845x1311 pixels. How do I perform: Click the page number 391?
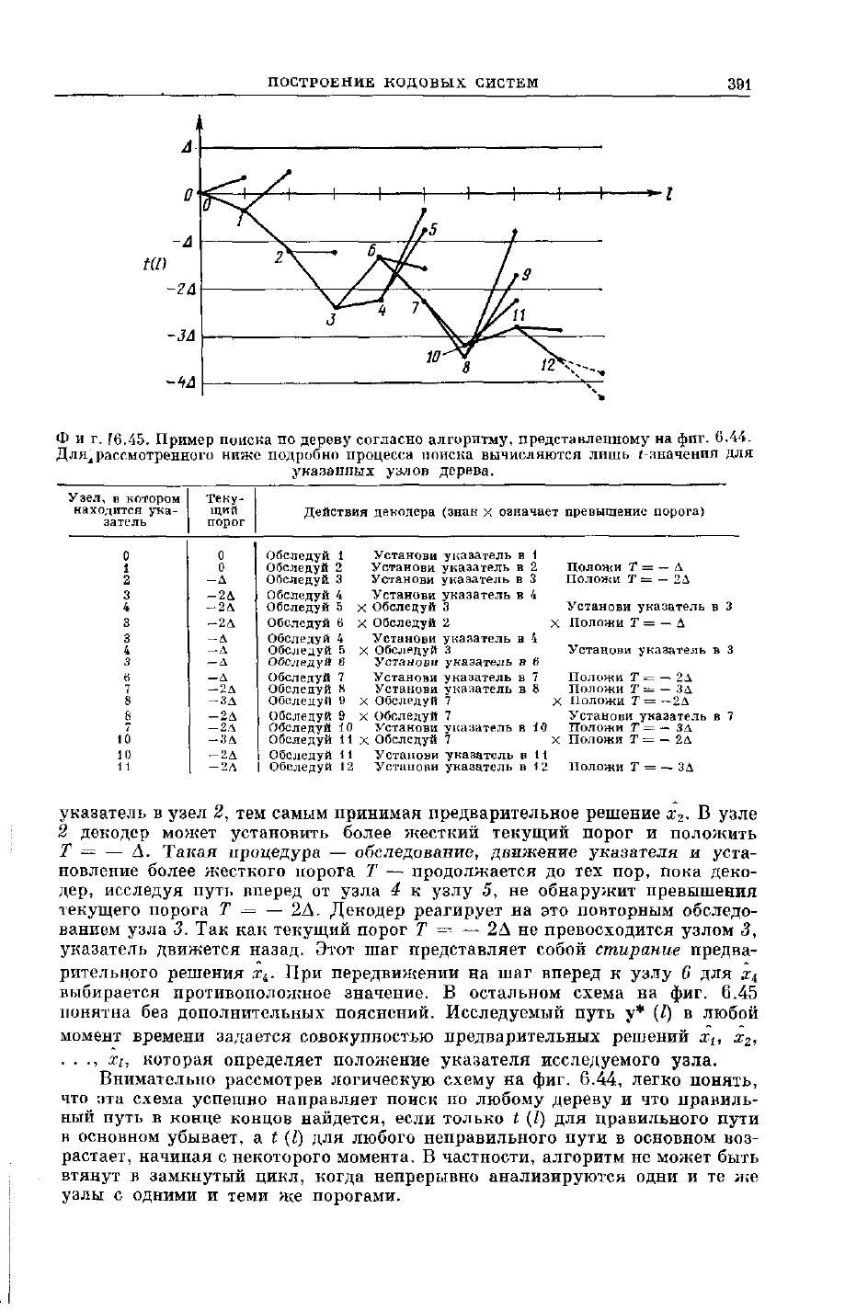coord(739,84)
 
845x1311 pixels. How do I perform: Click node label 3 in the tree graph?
coord(333,321)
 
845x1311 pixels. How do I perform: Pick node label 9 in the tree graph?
coord(526,274)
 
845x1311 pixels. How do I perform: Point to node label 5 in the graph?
coord(435,229)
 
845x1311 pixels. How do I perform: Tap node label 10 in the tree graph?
coord(432,355)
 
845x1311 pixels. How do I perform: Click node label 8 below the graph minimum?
coord(466,367)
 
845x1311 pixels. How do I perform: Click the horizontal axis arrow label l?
coord(670,193)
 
